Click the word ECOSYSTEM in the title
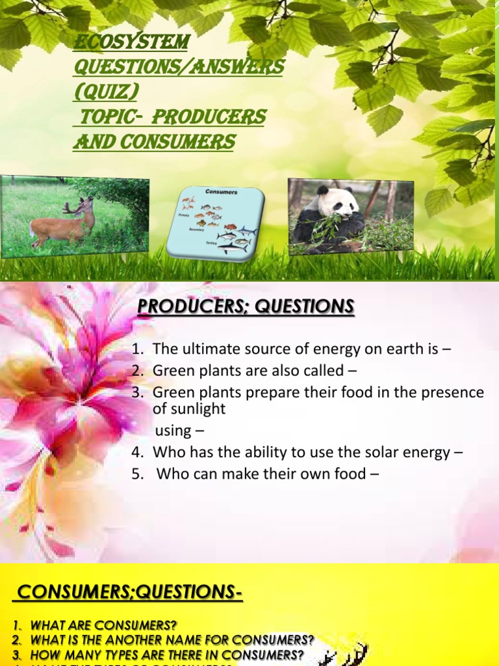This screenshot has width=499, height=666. (131, 42)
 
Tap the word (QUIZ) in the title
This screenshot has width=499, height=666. (105, 92)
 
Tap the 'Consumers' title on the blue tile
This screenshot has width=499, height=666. (221, 192)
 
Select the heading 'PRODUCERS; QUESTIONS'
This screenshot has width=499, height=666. (246, 306)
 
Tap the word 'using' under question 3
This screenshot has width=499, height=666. (173, 431)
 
